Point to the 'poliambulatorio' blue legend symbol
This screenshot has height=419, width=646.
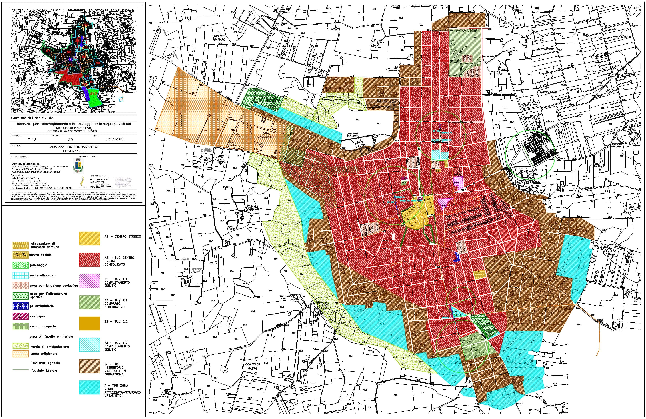pyautogui.click(x=20, y=306)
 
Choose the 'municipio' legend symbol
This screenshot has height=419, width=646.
pyautogui.click(x=20, y=316)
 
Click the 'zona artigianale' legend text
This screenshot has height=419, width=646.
pyautogui.click(x=44, y=354)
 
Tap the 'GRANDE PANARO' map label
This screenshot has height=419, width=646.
pyautogui.click(x=220, y=38)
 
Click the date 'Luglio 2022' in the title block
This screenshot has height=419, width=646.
pyautogui.click(x=114, y=139)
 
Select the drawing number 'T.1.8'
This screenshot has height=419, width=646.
pyautogui.click(x=32, y=140)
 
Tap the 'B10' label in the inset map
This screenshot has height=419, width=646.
pyautogui.click(x=94, y=94)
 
